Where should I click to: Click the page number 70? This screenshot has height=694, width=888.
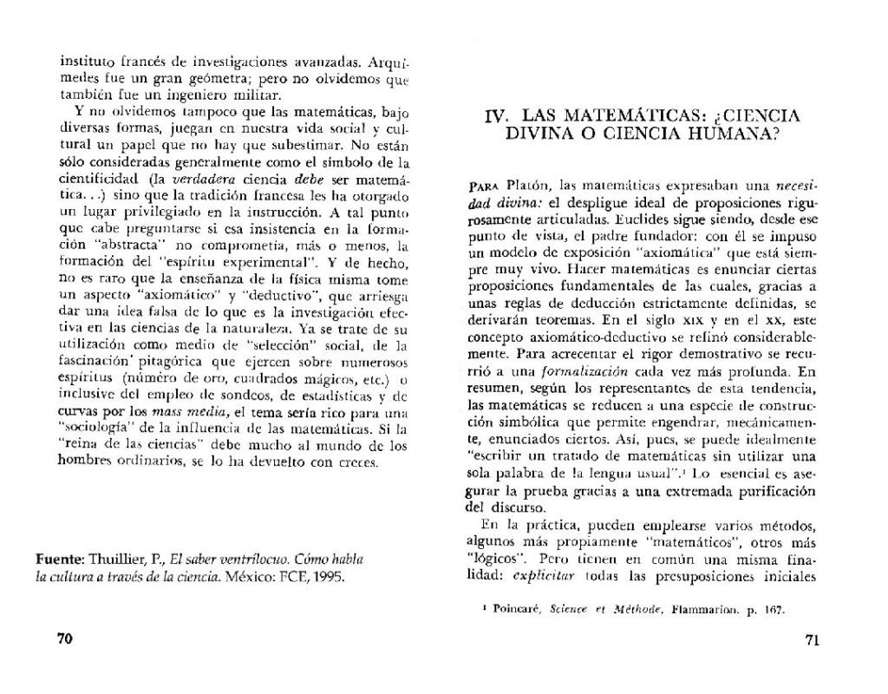point(63,639)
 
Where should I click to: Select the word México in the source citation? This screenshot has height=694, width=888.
point(260,574)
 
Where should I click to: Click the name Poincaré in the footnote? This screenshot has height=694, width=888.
point(518,609)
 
